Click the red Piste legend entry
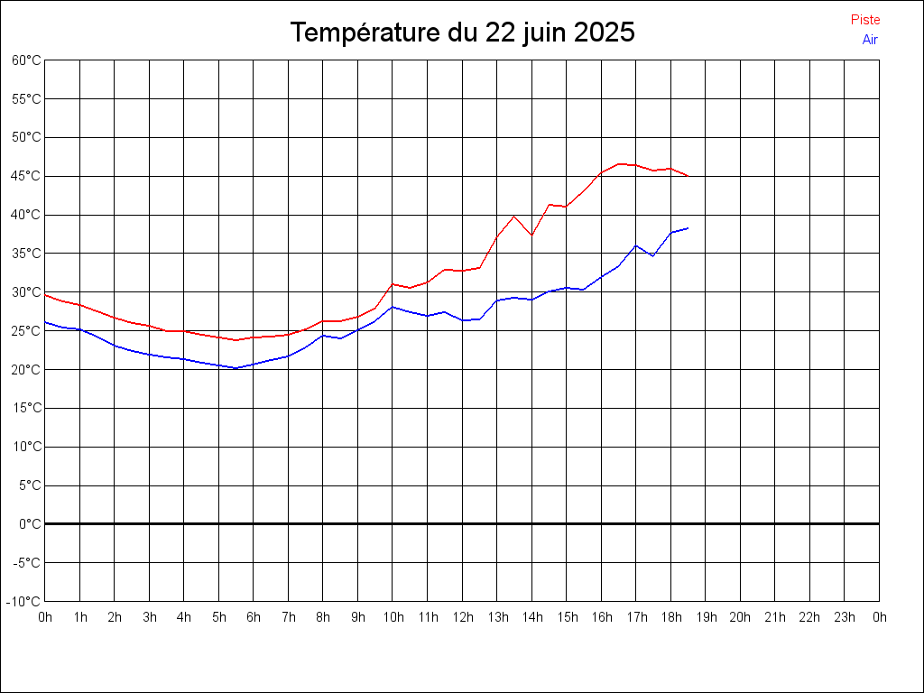pyautogui.click(x=865, y=20)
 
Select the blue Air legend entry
pyautogui.click(x=870, y=40)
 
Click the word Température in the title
pyautogui.click(x=366, y=33)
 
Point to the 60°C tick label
pyautogui.click(x=26, y=60)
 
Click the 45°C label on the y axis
pyautogui.click(x=26, y=176)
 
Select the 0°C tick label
pyautogui.click(x=30, y=524)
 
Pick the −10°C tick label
pyautogui.click(x=24, y=602)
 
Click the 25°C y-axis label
pyautogui.click(x=26, y=331)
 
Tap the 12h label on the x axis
pyautogui.click(x=462, y=617)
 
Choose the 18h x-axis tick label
pyautogui.click(x=670, y=617)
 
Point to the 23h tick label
pyautogui.click(x=845, y=617)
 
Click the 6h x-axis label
pyautogui.click(x=254, y=617)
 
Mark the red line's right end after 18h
pyautogui.click(x=688, y=176)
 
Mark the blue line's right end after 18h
pyautogui.click(x=688, y=228)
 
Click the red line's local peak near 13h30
pyautogui.click(x=514, y=216)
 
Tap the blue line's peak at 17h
pyautogui.click(x=636, y=245)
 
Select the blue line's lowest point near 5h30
pyautogui.click(x=236, y=368)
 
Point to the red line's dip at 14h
pyautogui.click(x=531, y=235)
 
